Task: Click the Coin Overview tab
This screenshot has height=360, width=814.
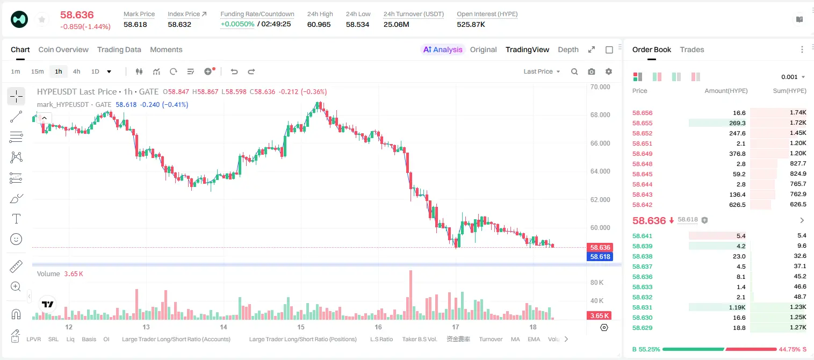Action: (63, 49)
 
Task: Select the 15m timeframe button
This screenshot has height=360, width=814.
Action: (38, 71)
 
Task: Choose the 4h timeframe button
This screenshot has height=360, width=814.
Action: (76, 71)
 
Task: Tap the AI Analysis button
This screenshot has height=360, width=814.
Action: (443, 49)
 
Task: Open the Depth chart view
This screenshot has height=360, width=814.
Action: (568, 49)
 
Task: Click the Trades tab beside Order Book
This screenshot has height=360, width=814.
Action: (692, 49)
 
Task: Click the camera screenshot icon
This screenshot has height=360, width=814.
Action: (592, 71)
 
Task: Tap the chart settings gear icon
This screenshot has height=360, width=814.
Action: (609, 71)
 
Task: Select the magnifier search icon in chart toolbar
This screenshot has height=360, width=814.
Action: (574, 71)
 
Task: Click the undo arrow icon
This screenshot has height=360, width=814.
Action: (234, 71)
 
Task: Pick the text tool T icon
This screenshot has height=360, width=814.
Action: (16, 219)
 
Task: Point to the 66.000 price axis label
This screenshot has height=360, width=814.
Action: (600, 143)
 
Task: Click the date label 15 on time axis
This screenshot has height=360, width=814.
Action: (300, 327)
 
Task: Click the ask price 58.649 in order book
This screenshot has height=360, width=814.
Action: (642, 154)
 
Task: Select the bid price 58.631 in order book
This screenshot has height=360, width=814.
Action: (642, 307)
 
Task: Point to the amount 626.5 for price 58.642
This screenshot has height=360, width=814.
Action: (737, 205)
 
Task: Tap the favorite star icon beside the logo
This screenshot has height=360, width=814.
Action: (42, 20)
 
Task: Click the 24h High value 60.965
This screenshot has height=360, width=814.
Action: (319, 24)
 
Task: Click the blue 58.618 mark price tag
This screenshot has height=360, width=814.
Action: (600, 256)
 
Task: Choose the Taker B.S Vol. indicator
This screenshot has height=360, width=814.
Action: (419, 339)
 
